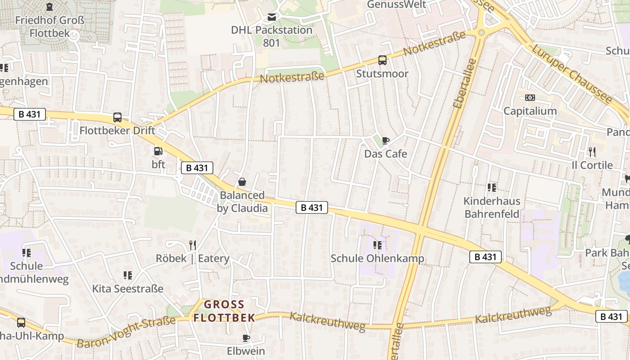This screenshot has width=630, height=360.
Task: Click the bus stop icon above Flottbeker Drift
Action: tap(117, 117)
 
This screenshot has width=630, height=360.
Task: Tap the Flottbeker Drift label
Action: tap(117, 130)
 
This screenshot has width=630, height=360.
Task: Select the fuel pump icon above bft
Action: tap(158, 151)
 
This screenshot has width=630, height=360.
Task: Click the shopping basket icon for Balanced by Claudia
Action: tap(242, 182)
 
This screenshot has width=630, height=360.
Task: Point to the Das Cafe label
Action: tap(386, 154)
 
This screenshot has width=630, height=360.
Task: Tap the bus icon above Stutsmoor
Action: tap(382, 60)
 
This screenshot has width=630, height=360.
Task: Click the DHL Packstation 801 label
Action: tap(272, 36)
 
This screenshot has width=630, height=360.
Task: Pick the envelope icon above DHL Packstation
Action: tap(272, 17)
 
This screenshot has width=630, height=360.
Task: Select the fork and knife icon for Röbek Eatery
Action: tap(193, 245)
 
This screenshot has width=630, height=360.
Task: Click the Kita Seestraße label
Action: tap(128, 288)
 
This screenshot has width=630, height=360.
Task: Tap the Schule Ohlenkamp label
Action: tap(378, 259)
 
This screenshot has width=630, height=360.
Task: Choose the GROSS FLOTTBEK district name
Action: tap(224, 311)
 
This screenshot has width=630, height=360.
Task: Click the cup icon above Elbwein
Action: tap(246, 337)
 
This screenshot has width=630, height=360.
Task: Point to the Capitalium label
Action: tap(530, 111)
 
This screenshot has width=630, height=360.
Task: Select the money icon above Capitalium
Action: tap(530, 98)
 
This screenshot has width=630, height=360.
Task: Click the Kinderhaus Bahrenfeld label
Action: tap(492, 207)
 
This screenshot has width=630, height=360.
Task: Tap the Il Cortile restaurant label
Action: tap(592, 165)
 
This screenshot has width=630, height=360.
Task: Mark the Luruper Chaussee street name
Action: tap(572, 75)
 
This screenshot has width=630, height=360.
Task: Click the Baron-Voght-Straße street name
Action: tap(126, 333)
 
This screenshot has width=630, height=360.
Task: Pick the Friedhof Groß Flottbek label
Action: tap(49, 27)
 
